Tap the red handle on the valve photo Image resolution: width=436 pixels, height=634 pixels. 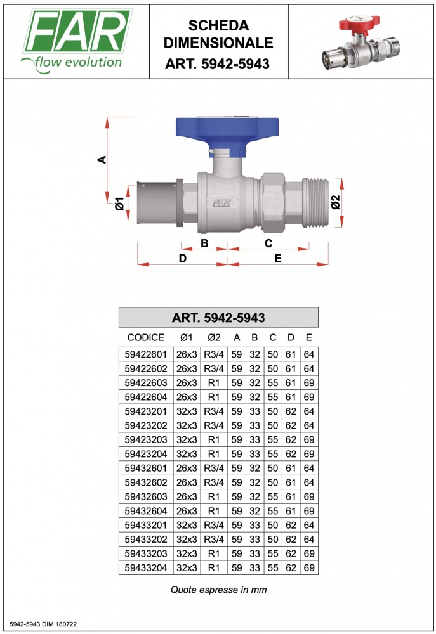click(x=359, y=23)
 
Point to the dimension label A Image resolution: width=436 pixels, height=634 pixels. click(x=102, y=159)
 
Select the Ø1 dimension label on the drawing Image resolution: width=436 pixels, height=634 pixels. click(x=119, y=204)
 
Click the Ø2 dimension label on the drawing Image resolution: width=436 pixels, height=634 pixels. click(x=336, y=202)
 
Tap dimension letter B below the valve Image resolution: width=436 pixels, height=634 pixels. click(x=204, y=243)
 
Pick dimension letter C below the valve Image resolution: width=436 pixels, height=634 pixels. click(x=268, y=243)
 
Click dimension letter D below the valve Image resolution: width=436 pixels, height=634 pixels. click(x=183, y=259)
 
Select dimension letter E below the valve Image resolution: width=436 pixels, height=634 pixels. click(x=278, y=259)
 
